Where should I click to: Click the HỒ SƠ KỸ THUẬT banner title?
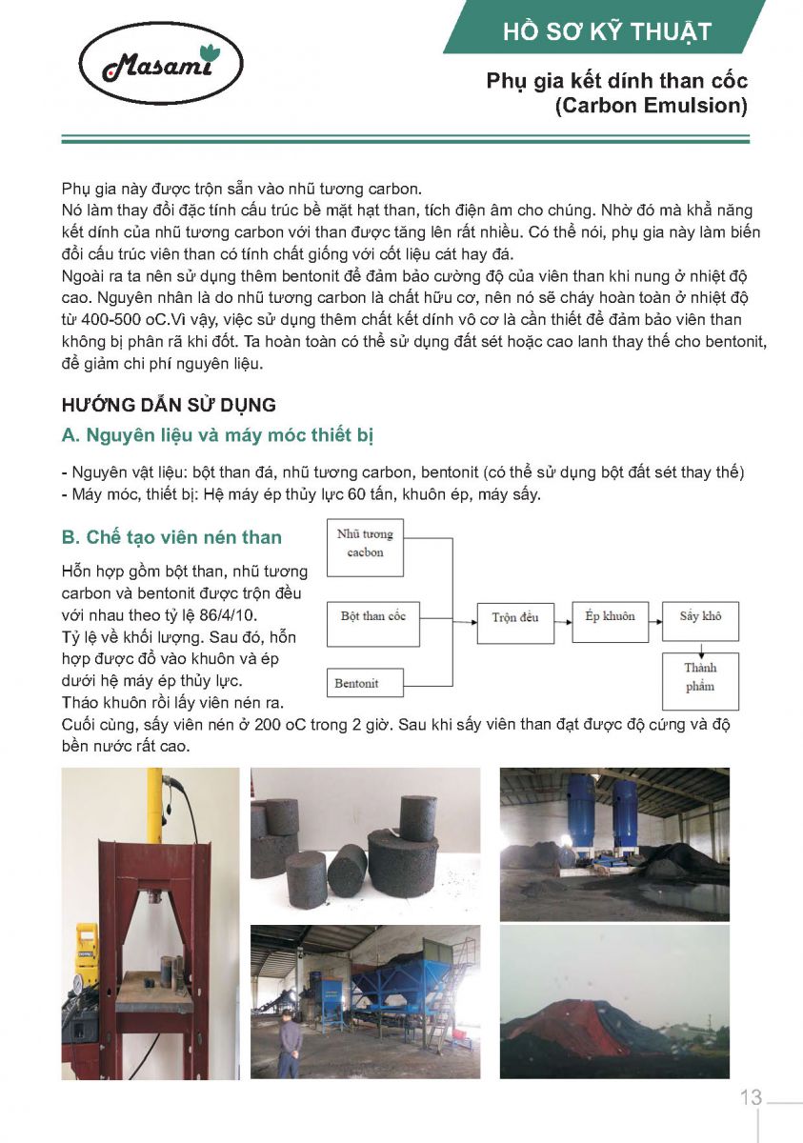pos(607,32)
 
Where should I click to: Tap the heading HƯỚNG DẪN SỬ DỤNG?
pos(169,405)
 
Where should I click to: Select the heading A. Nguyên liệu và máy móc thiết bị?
pos(217,436)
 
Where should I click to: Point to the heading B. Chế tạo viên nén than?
pos(171,537)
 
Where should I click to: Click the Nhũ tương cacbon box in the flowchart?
pos(365,543)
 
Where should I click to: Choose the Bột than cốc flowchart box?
pos(372,616)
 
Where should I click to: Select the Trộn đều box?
pos(514,617)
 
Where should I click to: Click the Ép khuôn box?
pos(610,616)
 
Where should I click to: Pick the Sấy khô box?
pos(700,616)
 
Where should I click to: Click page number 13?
pos(751,1097)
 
